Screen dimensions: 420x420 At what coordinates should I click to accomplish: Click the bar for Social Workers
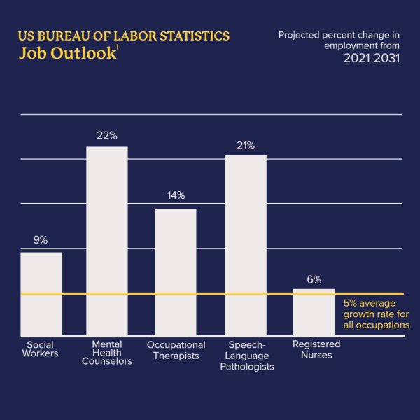coord(41,294)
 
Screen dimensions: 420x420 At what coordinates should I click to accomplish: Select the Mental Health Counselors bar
coord(107,241)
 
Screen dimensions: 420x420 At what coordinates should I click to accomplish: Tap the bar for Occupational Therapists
coord(175,273)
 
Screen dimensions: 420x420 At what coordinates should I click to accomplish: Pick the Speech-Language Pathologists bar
coord(245,245)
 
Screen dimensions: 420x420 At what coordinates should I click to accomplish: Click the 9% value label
coord(41,240)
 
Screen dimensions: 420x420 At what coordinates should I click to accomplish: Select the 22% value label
coord(106,135)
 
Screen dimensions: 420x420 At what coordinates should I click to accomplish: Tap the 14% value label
coord(176,196)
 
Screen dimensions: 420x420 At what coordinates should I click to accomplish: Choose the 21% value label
coord(245,146)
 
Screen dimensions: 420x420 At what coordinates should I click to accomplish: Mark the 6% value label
coord(314,279)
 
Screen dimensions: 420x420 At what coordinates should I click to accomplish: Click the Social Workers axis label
coord(41,349)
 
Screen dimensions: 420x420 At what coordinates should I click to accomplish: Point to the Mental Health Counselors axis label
coord(107,353)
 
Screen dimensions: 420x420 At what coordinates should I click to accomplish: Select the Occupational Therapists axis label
coord(176,349)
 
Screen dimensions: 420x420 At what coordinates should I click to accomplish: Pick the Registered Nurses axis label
coord(316,349)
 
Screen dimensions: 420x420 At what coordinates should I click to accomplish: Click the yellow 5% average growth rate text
coord(377,314)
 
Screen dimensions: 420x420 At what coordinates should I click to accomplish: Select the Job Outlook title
coord(66,54)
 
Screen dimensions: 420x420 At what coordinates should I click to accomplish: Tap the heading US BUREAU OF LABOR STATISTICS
coord(124,36)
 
